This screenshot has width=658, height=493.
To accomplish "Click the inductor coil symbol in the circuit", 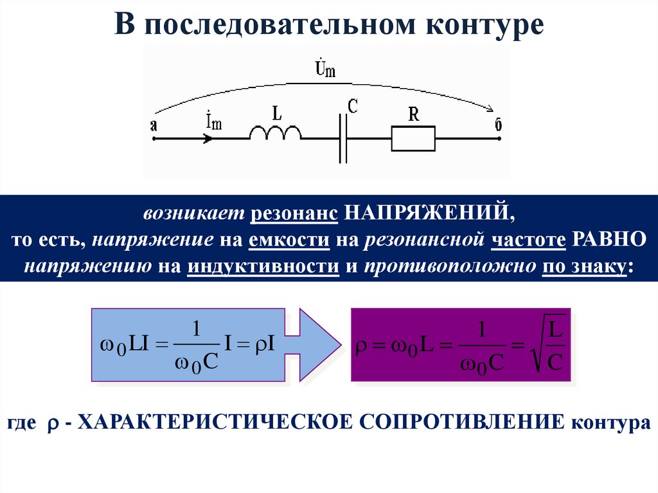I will (x=275, y=134).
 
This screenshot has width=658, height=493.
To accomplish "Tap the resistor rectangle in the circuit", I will (x=413, y=139).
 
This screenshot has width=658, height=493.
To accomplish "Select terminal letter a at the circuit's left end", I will (x=154, y=126).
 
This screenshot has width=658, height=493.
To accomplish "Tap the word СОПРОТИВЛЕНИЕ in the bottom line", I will (x=461, y=424).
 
